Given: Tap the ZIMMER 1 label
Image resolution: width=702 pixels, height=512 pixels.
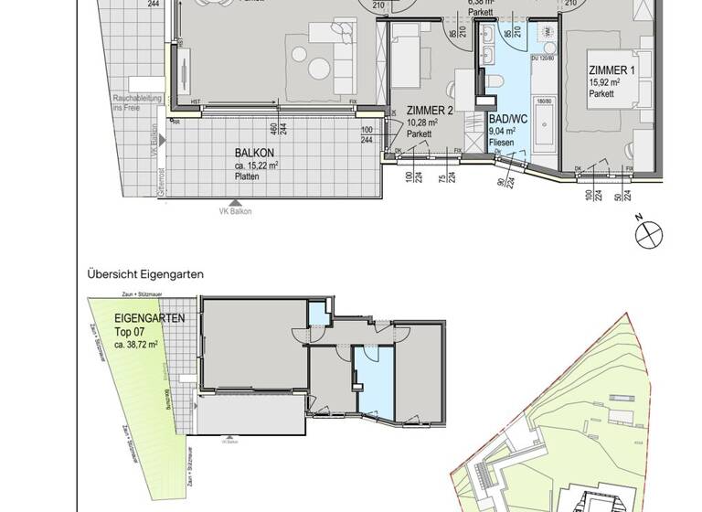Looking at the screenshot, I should tap(612, 70).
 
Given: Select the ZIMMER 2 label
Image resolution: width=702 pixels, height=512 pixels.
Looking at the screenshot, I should tap(430, 110).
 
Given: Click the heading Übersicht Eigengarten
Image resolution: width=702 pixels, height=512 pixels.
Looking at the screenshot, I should tap(145, 273).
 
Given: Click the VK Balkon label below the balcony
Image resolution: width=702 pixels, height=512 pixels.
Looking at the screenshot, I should tap(235, 211).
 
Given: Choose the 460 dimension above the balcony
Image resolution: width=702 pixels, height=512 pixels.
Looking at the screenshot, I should tap(271, 127).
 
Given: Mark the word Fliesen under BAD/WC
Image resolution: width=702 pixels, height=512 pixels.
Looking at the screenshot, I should tap(500, 143).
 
